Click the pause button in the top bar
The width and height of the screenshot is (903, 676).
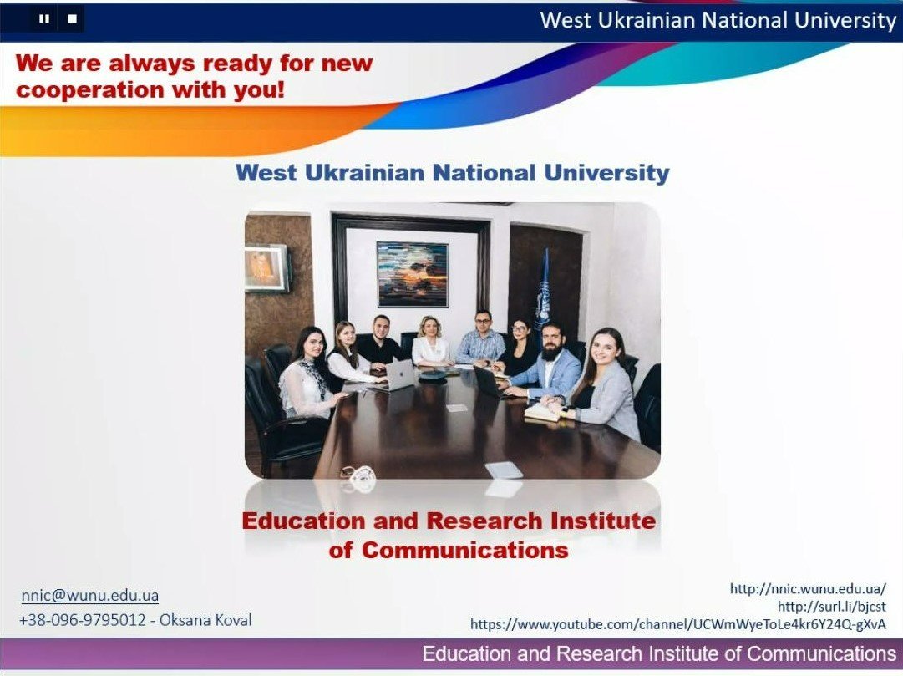point(43,19)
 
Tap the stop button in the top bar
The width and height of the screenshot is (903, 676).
point(72,19)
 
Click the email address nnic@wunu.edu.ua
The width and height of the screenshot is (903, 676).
point(90,595)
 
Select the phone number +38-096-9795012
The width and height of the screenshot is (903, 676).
point(83,620)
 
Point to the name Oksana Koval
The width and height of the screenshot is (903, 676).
point(205,620)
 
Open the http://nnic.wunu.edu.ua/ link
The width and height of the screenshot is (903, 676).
point(808,588)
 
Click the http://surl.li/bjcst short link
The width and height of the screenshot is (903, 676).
point(832,607)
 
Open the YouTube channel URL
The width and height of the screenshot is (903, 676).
point(678,624)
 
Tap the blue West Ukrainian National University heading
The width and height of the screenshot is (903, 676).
point(453,172)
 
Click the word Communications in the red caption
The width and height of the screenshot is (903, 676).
point(464,550)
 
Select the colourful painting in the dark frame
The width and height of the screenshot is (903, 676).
point(413,274)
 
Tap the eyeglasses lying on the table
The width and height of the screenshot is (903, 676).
point(359,476)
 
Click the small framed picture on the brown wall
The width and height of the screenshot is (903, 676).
point(266,268)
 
